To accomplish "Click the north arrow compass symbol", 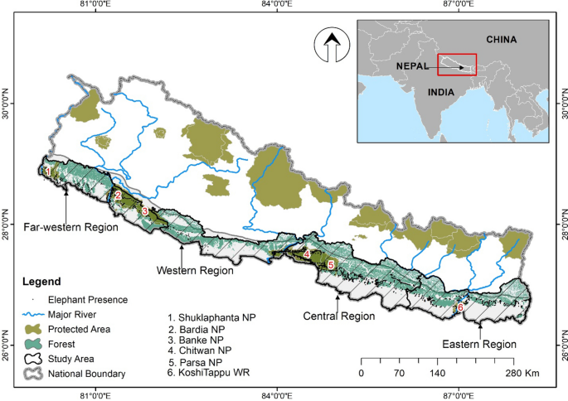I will pos(329,47).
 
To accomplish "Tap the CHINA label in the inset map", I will pos(501,39).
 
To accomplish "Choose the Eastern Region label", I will pos(478,344).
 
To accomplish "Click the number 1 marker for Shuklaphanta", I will pos(48,172).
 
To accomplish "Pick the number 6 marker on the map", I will pos(460,308).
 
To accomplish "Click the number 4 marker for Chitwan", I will pos(307,254).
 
